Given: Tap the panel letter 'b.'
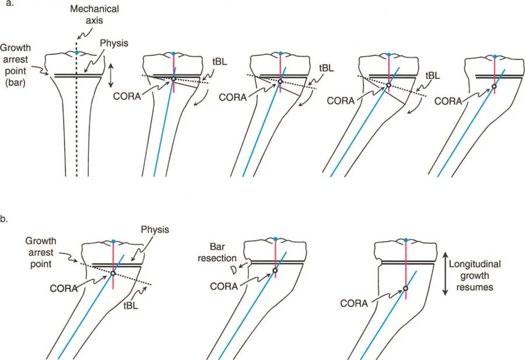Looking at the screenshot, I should click(6, 219).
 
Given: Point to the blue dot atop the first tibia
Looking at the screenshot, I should click(77, 53).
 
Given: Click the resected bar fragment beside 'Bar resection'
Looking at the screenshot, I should click(235, 270).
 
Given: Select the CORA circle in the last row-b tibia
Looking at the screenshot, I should click(405, 288).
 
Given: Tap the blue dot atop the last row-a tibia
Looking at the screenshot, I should click(495, 57).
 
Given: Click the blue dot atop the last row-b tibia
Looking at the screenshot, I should click(405, 240).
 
